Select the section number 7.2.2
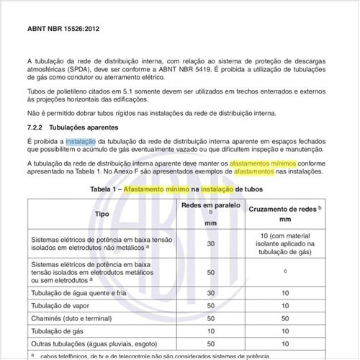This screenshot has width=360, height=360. point(37,125)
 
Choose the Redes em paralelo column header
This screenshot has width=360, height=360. point(211,205)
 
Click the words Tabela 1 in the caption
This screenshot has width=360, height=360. point(105,188)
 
